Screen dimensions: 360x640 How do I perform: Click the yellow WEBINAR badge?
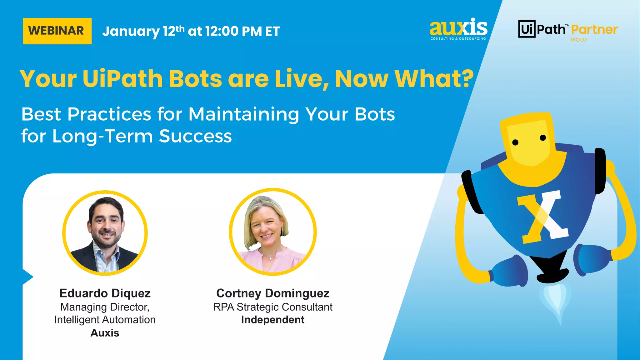57,31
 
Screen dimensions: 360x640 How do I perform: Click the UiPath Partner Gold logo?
568,31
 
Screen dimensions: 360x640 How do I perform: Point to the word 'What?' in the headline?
434,79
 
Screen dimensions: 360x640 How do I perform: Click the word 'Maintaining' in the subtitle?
244,114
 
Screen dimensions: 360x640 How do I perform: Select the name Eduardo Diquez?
105,293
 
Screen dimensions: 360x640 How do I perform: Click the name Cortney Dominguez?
273,293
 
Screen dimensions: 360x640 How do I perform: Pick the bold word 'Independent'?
273,320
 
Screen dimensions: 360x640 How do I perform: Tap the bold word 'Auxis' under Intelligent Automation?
105,333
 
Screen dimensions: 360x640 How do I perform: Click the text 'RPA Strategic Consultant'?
273,307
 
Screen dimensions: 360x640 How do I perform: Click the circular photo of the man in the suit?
105,233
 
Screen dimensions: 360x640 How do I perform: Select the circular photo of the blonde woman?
273,232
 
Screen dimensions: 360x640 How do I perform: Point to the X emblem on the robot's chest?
543,217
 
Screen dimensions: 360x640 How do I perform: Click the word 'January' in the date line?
131,31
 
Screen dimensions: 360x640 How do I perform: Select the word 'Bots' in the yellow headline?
195,79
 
